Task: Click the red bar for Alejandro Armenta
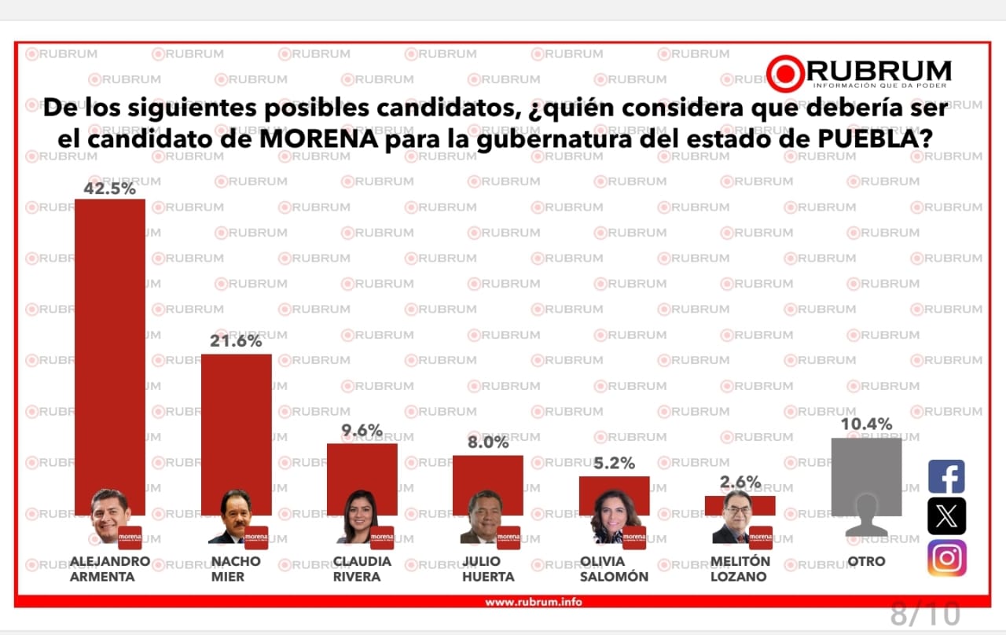[x=110, y=338]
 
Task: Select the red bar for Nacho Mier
[x=236, y=424]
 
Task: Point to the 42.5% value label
[x=110, y=189]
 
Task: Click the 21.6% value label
[x=236, y=342]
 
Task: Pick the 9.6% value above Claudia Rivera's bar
[x=362, y=431]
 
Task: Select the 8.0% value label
[x=488, y=443]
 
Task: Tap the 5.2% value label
[x=614, y=464]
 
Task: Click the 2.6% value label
[x=740, y=483]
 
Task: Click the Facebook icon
[x=946, y=477]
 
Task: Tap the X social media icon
[x=946, y=516]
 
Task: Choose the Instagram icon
[x=946, y=558]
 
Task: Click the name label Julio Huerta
[x=488, y=569]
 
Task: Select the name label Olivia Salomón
[x=614, y=569]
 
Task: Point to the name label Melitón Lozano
[x=740, y=569]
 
